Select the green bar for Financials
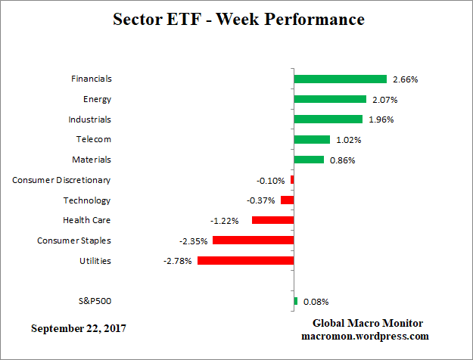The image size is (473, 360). coord(340,79)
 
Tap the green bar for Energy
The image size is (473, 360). coord(329,99)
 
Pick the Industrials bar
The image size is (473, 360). coord(328,119)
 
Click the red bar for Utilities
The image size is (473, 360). coord(245,261)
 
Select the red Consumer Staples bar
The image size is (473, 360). coord(253,241)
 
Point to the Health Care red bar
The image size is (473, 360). coord(272,220)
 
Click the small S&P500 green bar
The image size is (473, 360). coord(295,301)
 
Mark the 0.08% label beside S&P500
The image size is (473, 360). coord(315,302)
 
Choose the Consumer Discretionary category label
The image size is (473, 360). coord(61,180)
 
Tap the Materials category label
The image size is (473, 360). coord(91,160)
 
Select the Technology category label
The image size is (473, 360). coord(87,200)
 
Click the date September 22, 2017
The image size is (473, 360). coord(79,329)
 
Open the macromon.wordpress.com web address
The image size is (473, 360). coord(365,336)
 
